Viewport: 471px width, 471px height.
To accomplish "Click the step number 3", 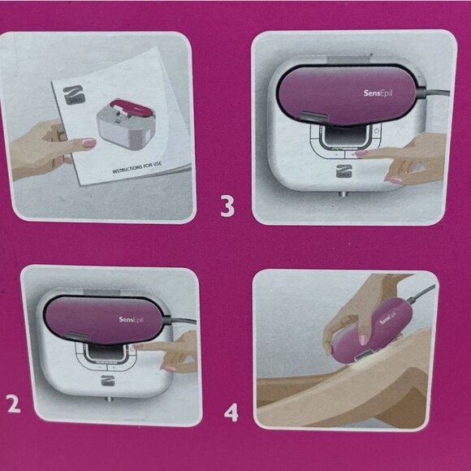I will click(228, 205).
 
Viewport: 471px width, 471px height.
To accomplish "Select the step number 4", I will click(231, 413).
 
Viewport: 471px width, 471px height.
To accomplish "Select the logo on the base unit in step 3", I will click(342, 172).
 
